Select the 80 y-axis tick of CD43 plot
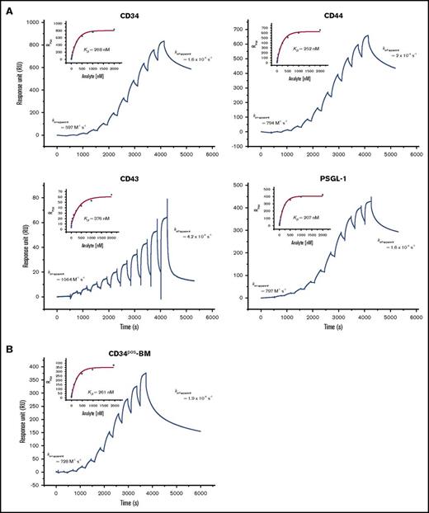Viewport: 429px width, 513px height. tap(39, 197)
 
